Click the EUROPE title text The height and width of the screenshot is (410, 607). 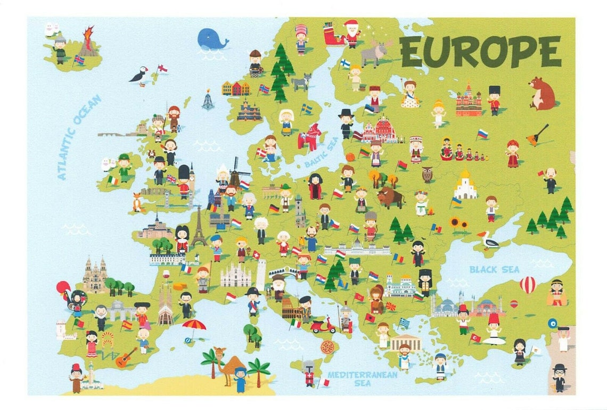[x=480, y=51]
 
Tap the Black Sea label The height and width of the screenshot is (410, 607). [x=494, y=269]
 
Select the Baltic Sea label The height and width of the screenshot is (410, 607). [x=321, y=152]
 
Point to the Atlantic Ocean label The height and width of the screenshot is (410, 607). [x=79, y=137]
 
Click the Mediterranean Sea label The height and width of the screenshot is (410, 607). [x=362, y=379]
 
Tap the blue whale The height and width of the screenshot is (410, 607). [x=212, y=39]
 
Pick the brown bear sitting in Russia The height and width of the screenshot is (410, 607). [x=542, y=93]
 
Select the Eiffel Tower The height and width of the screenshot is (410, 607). [x=199, y=227]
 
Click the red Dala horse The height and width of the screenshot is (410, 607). [x=310, y=137]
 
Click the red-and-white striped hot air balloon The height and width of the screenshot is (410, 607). [x=527, y=285]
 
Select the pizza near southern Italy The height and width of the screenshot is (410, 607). [x=327, y=347]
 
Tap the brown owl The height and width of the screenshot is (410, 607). [x=426, y=174]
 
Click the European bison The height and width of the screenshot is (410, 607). [x=390, y=198]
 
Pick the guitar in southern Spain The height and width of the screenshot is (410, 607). [x=126, y=358]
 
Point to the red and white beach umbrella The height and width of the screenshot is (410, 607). [x=194, y=326]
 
